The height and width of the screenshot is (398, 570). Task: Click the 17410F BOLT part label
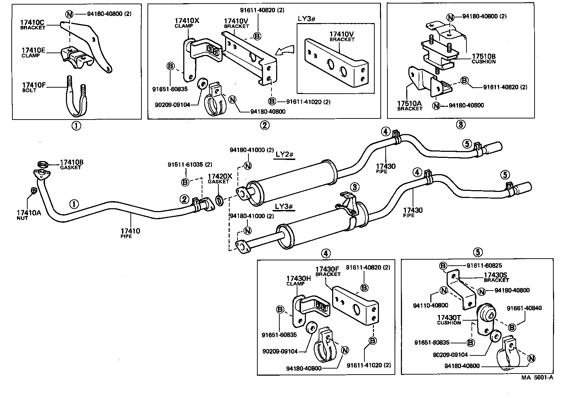pyautogui.click(x=33, y=87)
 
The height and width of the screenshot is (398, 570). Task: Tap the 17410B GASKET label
pyautogui.click(x=71, y=165)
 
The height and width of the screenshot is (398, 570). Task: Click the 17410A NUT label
pyautogui.click(x=29, y=215)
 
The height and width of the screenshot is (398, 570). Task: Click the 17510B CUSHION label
pyautogui.click(x=484, y=58)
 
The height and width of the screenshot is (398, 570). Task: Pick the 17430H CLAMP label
pyautogui.click(x=298, y=281)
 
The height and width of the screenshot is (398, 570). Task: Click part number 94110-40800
pyautogui.click(x=430, y=305)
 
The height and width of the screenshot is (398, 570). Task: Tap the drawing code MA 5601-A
pyautogui.click(x=537, y=377)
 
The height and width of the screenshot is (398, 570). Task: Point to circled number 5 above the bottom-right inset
pyautogui.click(x=477, y=252)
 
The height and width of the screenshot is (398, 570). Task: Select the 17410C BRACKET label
pyautogui.click(x=33, y=24)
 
